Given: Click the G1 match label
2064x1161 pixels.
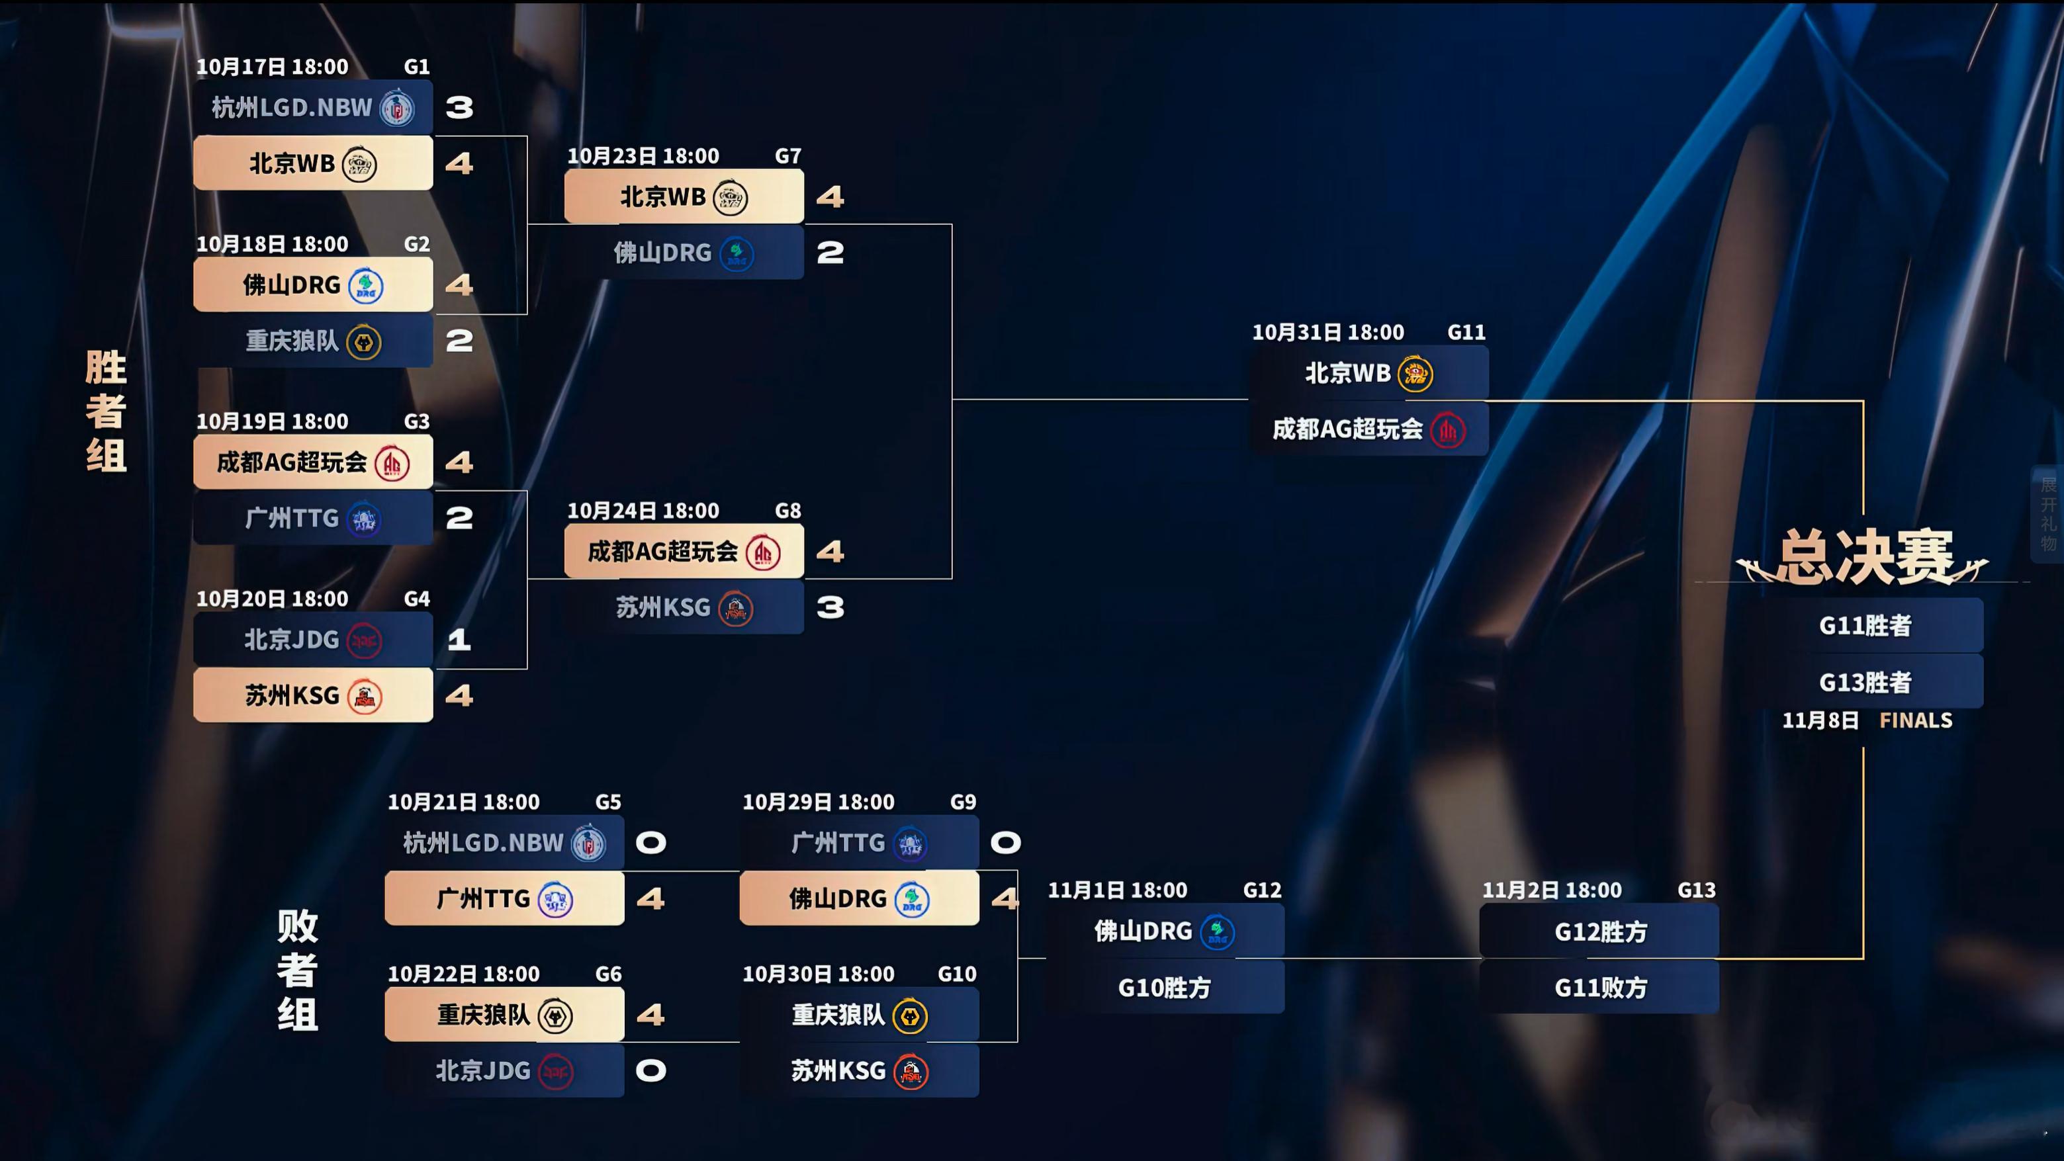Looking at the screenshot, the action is pyautogui.click(x=416, y=67).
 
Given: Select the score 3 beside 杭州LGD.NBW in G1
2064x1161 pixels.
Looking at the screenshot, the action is pyautogui.click(x=459, y=107).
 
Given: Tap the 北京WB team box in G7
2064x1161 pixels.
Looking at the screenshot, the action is pyautogui.click(x=684, y=196).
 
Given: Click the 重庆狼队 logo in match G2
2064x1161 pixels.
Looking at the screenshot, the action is pyautogui.click(x=365, y=342).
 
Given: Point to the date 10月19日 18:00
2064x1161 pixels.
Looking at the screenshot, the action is pyautogui.click(x=273, y=421).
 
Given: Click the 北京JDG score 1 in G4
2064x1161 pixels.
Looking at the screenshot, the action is pyautogui.click(x=459, y=640).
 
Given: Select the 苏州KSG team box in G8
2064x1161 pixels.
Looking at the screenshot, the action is pyautogui.click(x=684, y=607).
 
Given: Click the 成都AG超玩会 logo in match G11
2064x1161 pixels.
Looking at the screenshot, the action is pyautogui.click(x=1448, y=430).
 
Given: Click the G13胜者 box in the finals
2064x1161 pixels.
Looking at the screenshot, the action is pyautogui.click(x=1865, y=682).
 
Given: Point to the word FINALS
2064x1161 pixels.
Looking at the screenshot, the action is pyautogui.click(x=1916, y=720).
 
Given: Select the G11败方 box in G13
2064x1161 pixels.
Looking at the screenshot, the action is pyautogui.click(x=1600, y=988).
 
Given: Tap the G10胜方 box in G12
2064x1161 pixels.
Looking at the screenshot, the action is pyautogui.click(x=1164, y=988).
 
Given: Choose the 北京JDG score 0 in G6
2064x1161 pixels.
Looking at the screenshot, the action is pyautogui.click(x=651, y=1071).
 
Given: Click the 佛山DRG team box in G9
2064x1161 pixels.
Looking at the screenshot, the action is pyautogui.click(x=859, y=899).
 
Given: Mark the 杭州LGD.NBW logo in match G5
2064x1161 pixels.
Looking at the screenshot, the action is pyautogui.click(x=589, y=843).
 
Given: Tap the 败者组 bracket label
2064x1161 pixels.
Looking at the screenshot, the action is pyautogui.click(x=297, y=970).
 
